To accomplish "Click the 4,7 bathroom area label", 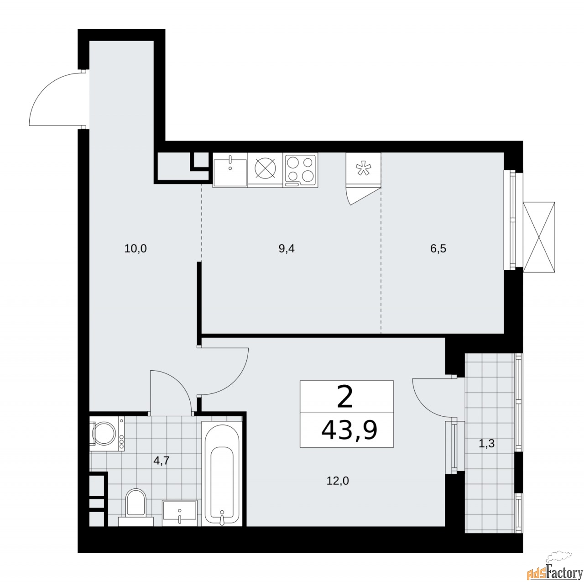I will tap(161, 461).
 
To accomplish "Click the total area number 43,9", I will tap(349, 430).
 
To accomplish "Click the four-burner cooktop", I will tap(300, 170).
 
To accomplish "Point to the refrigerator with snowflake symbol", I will tap(363, 169).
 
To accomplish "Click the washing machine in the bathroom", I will tap(106, 433).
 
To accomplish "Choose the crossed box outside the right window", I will tap(540, 236).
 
